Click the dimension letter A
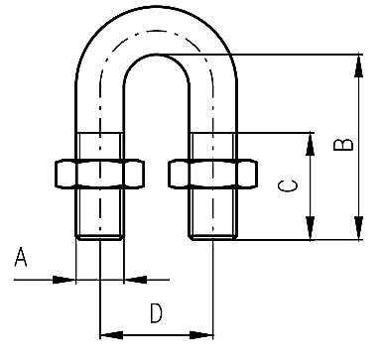(21, 257)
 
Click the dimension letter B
(343, 145)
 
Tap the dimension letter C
(288, 186)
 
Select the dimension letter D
(156, 313)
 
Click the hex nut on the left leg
(99, 174)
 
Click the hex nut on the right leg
(213, 174)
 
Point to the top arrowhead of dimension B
(358, 65)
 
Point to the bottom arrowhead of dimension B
(358, 228)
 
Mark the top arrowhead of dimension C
(310, 144)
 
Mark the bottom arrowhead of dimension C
(310, 228)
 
